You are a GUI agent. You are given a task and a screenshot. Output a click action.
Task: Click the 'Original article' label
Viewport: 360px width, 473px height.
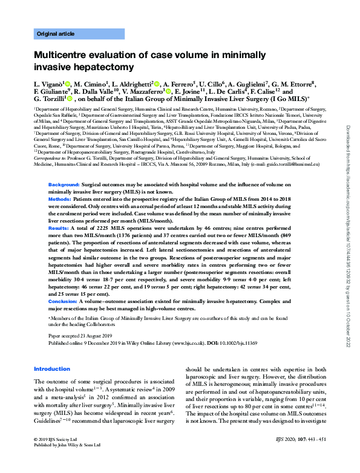(56, 33)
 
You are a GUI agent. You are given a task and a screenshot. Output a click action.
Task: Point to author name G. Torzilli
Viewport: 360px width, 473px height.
(49, 98)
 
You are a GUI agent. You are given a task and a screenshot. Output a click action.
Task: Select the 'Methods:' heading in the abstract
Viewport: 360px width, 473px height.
(61, 181)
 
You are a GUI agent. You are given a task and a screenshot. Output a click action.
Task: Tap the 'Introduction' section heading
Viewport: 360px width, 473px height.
(52, 369)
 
